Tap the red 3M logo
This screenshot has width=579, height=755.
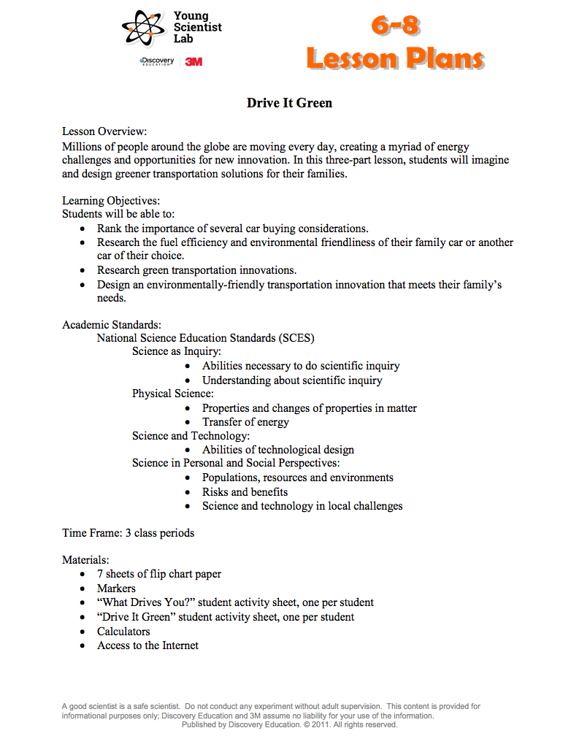tap(193, 62)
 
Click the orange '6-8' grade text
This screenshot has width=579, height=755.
tap(395, 26)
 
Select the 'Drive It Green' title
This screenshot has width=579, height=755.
tap(289, 103)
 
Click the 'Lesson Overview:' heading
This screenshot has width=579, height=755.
tap(104, 131)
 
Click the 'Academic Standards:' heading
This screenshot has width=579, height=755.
tap(112, 324)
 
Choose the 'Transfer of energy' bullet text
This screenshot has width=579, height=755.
tap(245, 422)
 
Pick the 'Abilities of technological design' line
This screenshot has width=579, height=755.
tap(277, 450)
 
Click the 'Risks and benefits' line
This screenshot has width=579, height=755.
tap(245, 492)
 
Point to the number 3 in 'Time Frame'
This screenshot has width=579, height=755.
tap(128, 533)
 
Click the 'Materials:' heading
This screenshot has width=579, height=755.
tap(85, 560)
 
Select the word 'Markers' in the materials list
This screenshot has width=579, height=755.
tap(116, 589)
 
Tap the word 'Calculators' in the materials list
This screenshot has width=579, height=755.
tap(123, 632)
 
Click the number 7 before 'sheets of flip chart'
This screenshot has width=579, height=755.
tap(100, 575)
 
